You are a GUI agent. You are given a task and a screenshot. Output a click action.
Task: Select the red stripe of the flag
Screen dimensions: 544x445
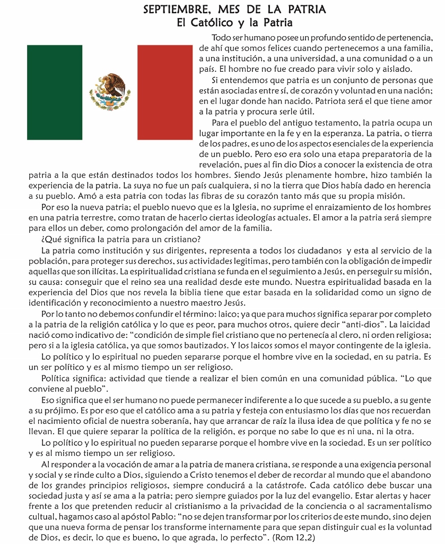tap(164, 92)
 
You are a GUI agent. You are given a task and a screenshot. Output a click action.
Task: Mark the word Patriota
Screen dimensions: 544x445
tap(333, 101)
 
